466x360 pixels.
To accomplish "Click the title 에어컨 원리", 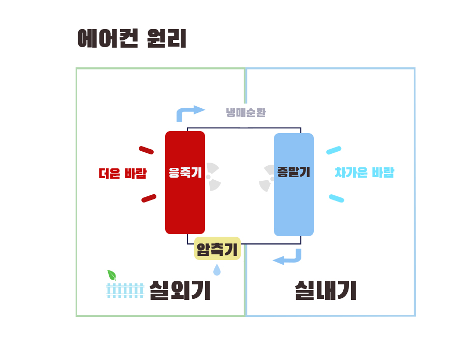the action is pos(132,39).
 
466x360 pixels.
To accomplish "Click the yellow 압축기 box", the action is pos(217,249).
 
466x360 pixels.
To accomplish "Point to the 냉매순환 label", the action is pos(246,112).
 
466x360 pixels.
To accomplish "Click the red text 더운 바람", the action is pos(123,174).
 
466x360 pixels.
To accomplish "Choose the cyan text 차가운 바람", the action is pos(365,173).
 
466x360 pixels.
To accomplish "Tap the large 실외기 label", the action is pos(180,291).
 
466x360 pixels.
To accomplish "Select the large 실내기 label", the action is pos(326,291).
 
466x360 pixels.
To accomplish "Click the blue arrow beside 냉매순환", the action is pos(190,112).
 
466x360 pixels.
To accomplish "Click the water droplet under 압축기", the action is pos(216,270).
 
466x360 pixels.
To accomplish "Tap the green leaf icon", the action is pos(111,275).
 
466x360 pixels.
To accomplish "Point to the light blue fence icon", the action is pos(125,291).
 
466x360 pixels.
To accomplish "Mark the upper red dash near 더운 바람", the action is pos(146,150).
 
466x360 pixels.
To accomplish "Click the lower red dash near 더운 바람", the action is pos(149,198).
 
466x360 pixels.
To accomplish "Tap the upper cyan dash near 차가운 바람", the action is pos(333,150).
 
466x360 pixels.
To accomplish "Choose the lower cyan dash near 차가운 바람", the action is pos(337,198).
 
